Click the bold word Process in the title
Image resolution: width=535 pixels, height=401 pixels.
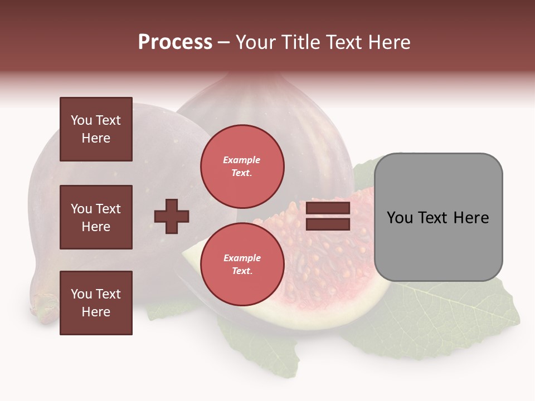pyautogui.click(x=175, y=42)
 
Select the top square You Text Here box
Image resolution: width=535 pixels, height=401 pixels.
pyautogui.click(x=96, y=129)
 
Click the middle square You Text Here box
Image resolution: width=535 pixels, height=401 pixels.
pyautogui.click(x=96, y=217)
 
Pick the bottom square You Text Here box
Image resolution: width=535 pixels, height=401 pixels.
pyautogui.click(x=96, y=303)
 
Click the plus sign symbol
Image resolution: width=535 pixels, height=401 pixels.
pyautogui.click(x=172, y=216)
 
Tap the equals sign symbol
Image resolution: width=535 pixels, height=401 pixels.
pyautogui.click(x=328, y=216)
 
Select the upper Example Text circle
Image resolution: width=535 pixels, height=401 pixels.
pyautogui.click(x=242, y=166)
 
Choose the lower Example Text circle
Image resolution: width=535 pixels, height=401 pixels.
pyautogui.click(x=242, y=264)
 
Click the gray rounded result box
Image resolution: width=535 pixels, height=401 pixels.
pyautogui.click(x=438, y=217)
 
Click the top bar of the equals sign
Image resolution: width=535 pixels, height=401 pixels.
pyautogui.click(x=328, y=208)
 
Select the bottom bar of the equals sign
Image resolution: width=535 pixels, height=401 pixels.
pyautogui.click(x=328, y=224)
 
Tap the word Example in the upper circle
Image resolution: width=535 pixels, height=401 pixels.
pyautogui.click(x=242, y=160)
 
